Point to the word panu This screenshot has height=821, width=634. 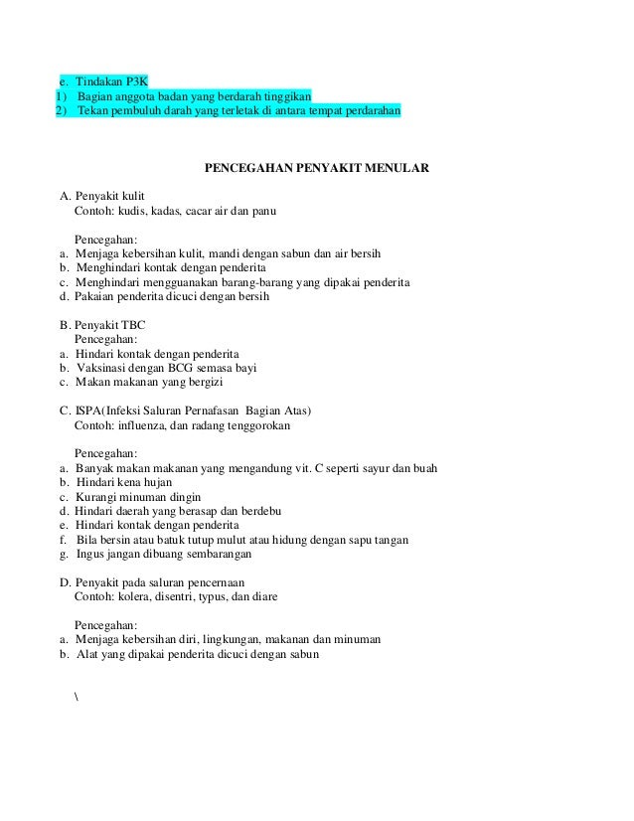263,212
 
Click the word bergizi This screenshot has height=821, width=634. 201,382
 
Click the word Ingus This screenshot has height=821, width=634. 90,554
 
